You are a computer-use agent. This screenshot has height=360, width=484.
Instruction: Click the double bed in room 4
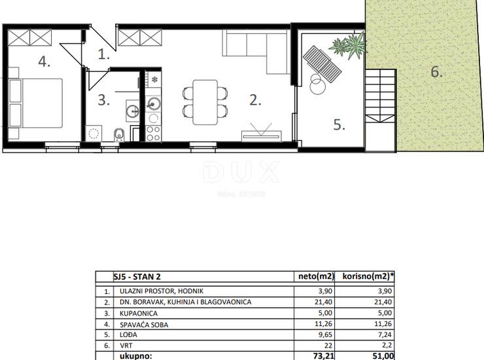tap(36, 103)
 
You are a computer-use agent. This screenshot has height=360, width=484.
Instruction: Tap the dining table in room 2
tap(205, 102)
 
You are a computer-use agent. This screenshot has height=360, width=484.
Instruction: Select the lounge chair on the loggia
tap(322, 64)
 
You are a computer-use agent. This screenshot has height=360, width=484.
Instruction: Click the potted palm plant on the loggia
tap(349, 46)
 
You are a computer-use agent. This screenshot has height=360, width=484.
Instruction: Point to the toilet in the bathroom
tap(119, 135)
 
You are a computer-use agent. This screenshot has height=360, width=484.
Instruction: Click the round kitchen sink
tap(154, 104)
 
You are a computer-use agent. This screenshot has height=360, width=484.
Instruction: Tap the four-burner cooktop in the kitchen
tap(154, 133)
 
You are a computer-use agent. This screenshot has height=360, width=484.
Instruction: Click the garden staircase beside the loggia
tap(381, 96)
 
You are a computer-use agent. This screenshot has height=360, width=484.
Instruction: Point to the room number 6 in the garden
tap(436, 72)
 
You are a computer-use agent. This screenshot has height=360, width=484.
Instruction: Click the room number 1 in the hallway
tap(104, 54)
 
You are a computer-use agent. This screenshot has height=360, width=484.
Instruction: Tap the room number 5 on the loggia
tap(339, 125)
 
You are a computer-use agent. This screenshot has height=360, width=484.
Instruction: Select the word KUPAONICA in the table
tap(139, 314)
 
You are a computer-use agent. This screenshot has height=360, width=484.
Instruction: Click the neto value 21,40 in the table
tap(324, 302)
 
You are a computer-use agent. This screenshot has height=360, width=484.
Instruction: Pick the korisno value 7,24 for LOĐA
tap(385, 334)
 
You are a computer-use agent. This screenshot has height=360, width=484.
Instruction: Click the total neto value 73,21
tap(323, 356)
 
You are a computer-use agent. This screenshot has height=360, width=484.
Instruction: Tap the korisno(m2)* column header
tap(368, 276)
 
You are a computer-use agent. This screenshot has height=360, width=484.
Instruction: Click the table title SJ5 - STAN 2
tap(137, 277)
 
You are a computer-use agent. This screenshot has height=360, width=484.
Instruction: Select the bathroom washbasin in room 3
tap(133, 111)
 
